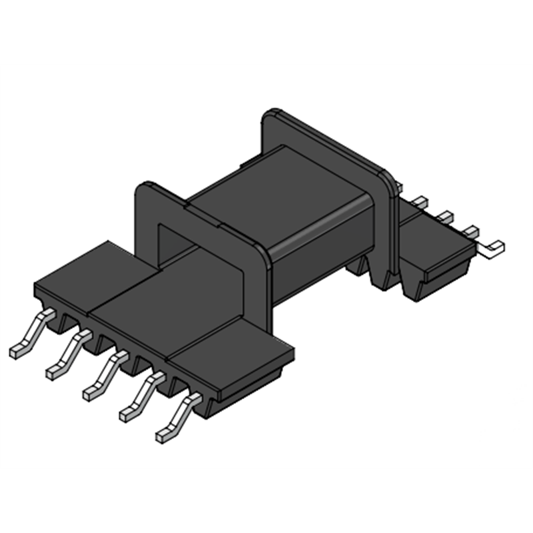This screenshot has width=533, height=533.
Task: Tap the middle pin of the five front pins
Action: tap(103, 377)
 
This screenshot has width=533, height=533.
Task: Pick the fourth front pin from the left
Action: tap(140, 398)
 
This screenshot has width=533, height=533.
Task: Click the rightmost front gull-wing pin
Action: tap(177, 418)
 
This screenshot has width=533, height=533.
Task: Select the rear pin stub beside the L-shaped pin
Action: tap(470, 231)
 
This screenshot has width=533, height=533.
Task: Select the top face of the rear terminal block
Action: tap(433, 240)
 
